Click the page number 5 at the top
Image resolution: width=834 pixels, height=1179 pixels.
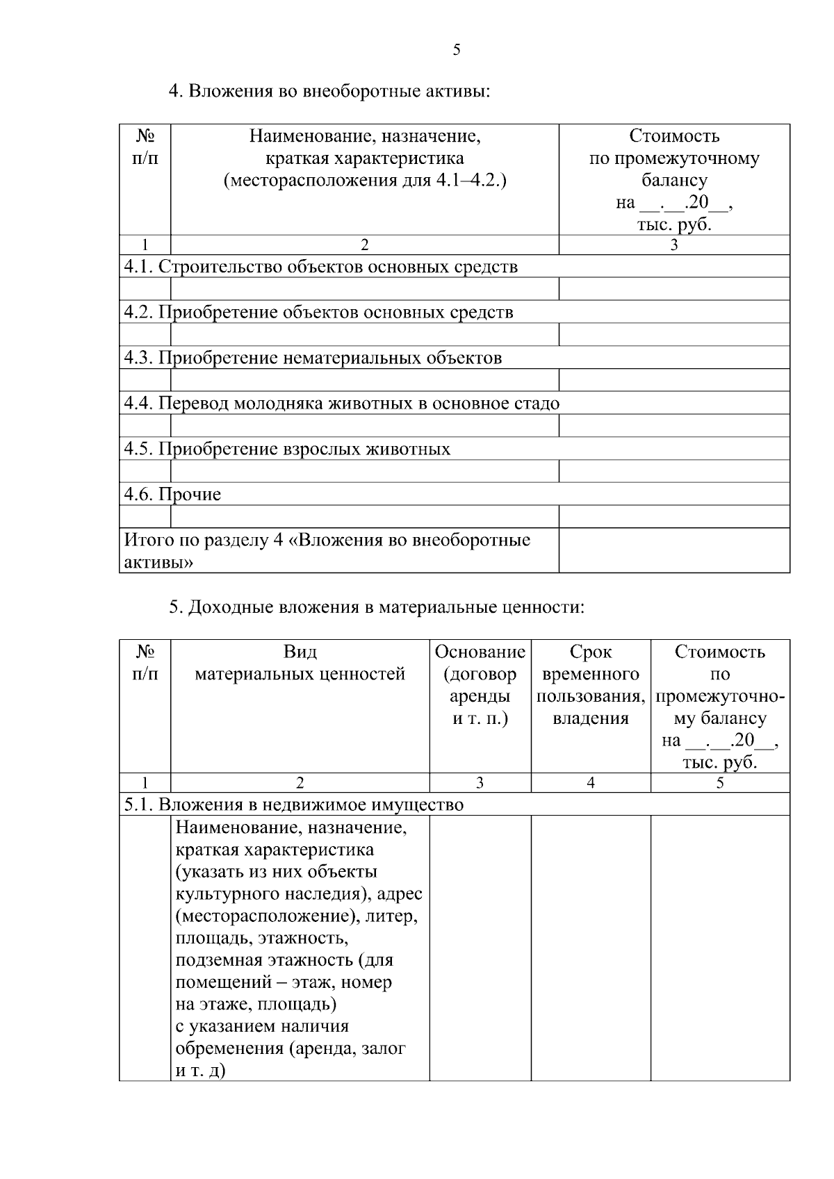coord(456,49)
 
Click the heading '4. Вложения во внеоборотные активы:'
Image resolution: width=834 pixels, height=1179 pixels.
coord(330,91)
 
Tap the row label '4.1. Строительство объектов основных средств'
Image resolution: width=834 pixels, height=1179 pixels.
coord(320,267)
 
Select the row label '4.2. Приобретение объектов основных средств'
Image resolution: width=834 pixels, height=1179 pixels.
coord(318,313)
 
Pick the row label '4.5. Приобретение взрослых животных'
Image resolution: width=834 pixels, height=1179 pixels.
coord(287,450)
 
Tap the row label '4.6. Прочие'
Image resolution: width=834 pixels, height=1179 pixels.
coord(172,495)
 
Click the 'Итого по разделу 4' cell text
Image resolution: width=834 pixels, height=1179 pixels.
coord(327,550)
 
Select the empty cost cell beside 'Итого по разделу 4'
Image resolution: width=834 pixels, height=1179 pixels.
coord(673,550)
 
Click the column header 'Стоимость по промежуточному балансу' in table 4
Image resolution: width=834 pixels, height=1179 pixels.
coord(673,180)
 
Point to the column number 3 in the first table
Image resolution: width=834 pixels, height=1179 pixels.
coord(673,245)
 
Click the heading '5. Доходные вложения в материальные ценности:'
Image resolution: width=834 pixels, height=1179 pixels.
coord(377,607)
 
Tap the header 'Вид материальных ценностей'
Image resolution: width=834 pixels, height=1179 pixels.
coord(300,663)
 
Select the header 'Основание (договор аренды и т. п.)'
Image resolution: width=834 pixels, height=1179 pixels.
coord(480,685)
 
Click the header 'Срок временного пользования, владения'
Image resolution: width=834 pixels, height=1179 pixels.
coord(590,685)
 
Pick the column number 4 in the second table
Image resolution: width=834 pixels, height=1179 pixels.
coord(590,783)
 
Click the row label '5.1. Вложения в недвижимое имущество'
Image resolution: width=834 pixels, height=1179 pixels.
coord(293,805)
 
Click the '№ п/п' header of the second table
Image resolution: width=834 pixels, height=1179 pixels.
coord(145,663)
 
